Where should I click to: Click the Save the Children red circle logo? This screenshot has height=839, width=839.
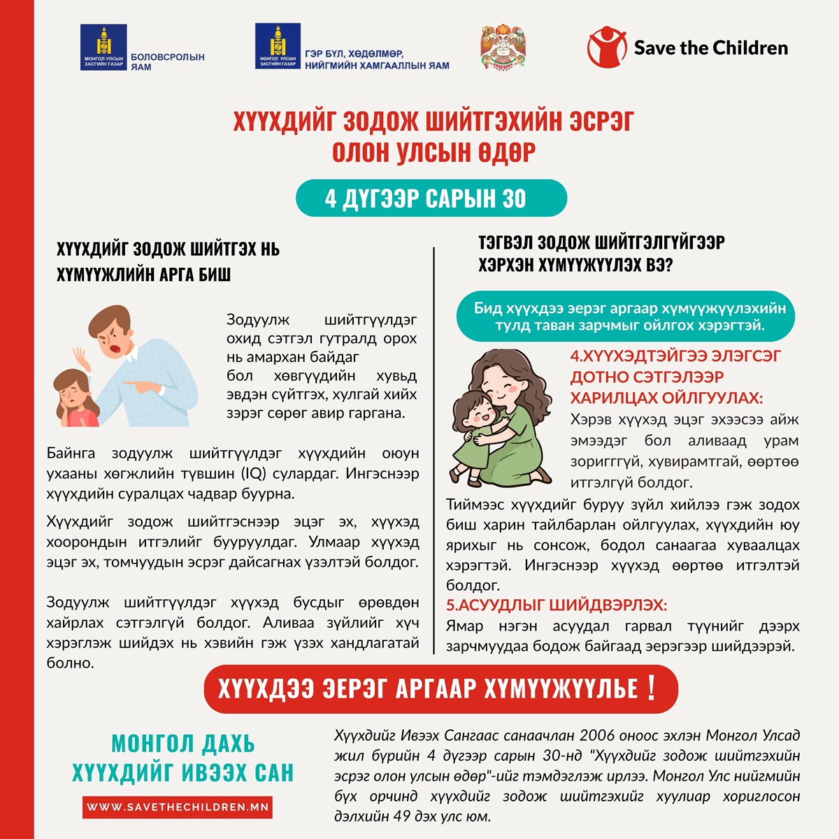tap(607, 48)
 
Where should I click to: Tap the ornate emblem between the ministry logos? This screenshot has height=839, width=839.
tap(503, 48)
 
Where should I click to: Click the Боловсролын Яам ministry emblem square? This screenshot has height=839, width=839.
tap(103, 47)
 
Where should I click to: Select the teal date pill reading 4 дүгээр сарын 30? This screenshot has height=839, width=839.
tap(431, 199)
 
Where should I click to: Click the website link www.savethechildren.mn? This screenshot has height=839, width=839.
tap(177, 807)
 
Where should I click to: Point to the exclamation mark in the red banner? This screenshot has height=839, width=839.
tap(652, 687)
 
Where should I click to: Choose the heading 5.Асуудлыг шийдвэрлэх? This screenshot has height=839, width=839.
tap(557, 605)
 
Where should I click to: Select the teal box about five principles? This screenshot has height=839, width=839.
tap(625, 317)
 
